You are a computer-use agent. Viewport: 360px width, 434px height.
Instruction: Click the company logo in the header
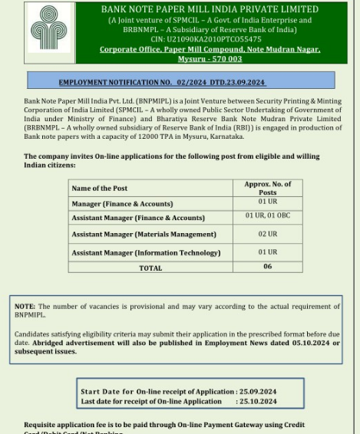(x=48, y=32)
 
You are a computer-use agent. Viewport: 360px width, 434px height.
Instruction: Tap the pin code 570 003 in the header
(x=223, y=59)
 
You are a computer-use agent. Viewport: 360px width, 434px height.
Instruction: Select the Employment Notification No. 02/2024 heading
(x=162, y=82)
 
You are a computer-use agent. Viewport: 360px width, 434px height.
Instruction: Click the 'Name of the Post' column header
(x=100, y=188)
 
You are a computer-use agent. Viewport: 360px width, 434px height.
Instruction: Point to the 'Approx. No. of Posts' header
(x=267, y=188)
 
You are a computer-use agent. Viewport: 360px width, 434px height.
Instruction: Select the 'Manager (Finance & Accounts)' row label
(x=122, y=204)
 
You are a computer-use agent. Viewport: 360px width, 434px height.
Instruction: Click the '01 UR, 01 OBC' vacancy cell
(x=267, y=216)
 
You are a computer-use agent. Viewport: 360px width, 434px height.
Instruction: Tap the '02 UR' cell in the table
(x=267, y=234)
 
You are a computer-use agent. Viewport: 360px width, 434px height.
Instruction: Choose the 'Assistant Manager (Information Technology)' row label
(x=146, y=253)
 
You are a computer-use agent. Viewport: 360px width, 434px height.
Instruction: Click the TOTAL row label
(x=150, y=268)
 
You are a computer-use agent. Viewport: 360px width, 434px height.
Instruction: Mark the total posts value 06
(x=267, y=267)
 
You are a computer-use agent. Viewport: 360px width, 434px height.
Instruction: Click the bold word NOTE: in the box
(x=25, y=307)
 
